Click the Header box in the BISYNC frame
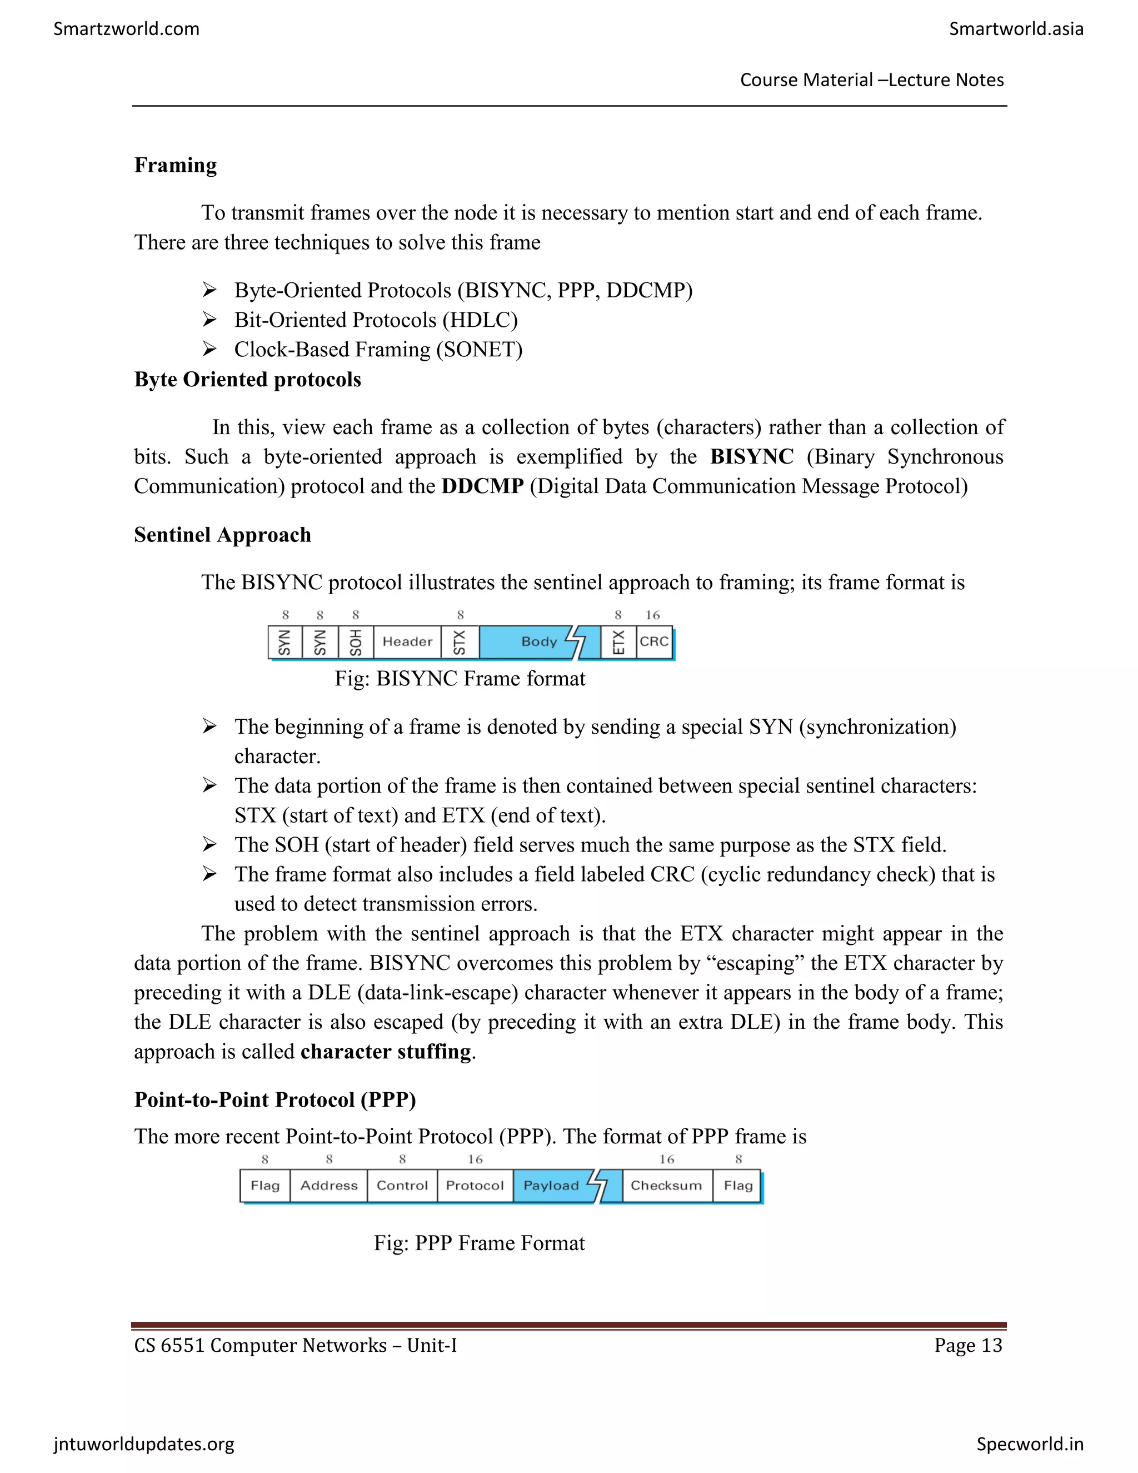[407, 641]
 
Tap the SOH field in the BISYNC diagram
[355, 641]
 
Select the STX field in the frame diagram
[460, 641]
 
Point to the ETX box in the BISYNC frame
[618, 641]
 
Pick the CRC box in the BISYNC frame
[653, 641]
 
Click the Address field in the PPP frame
[328, 1185]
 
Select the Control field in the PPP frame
[402, 1185]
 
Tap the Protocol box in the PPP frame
[475, 1185]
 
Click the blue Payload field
[551, 1185]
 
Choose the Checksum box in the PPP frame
[666, 1185]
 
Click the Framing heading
[175, 165]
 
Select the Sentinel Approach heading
[222, 534]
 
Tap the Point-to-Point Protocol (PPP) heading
[275, 1099]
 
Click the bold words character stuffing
[386, 1052]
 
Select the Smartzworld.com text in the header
[126, 28]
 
